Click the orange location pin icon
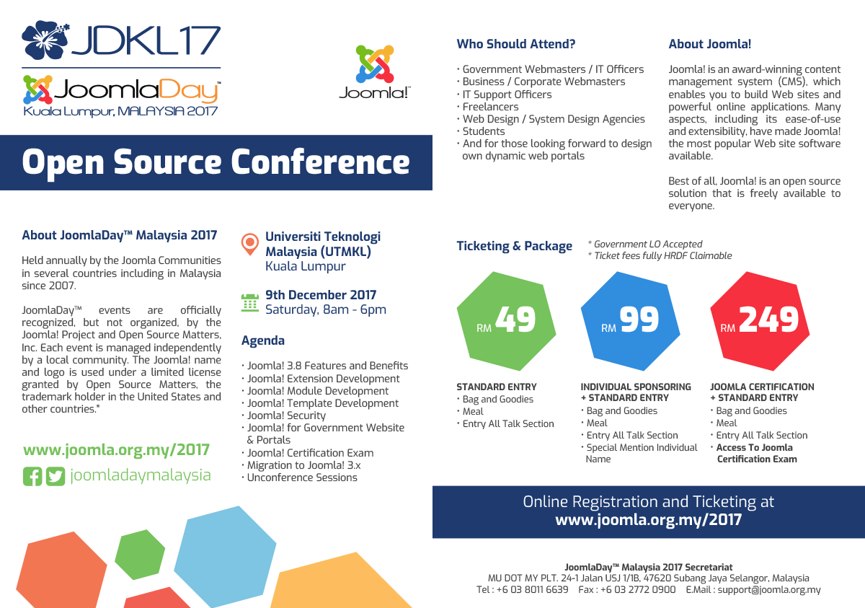click(x=249, y=243)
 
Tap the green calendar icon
click(x=249, y=302)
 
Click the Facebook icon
click(x=32, y=476)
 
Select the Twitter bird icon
click(x=56, y=476)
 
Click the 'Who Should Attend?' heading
click(x=516, y=44)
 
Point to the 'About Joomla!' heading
click(x=709, y=44)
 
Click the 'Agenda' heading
click(x=263, y=340)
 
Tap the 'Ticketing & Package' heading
click(x=514, y=246)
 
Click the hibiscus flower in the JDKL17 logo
click(x=45, y=40)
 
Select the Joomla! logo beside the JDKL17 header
click(x=375, y=72)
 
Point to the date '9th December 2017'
click(x=321, y=295)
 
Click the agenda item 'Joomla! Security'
click(x=286, y=415)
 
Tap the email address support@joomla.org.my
click(x=769, y=590)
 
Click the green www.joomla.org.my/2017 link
click(x=116, y=450)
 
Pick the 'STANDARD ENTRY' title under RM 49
click(x=497, y=387)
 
